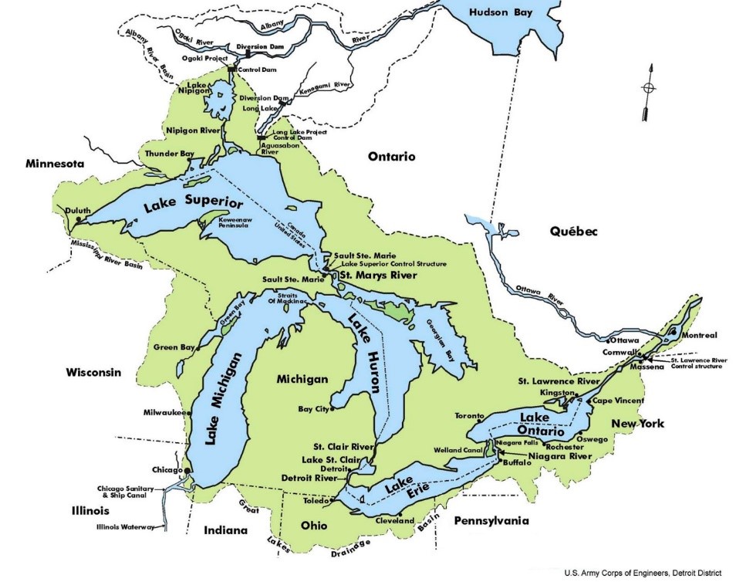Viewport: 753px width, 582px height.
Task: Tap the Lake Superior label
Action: click(193, 205)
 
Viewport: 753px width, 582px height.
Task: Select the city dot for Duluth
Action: click(78, 221)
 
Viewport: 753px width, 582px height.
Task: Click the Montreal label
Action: click(700, 335)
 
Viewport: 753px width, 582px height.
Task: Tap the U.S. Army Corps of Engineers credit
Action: click(643, 573)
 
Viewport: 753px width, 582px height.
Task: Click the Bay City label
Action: click(312, 409)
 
